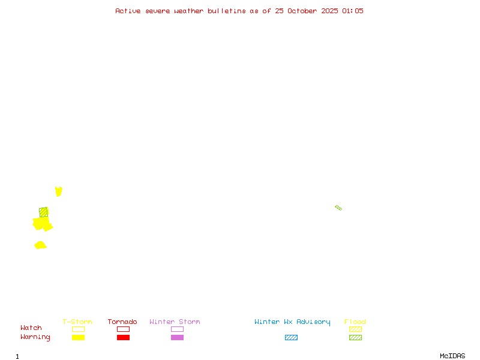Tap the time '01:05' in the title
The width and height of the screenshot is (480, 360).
click(352, 11)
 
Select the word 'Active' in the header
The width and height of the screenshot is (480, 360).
click(128, 11)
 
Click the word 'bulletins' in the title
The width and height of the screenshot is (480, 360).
click(226, 11)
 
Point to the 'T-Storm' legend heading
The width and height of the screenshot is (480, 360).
click(77, 322)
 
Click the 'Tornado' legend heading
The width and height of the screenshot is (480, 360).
click(122, 322)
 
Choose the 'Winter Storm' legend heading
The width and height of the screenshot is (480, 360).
click(175, 322)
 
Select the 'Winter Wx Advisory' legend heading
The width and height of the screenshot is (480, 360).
click(292, 322)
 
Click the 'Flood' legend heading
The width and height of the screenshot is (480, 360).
click(355, 322)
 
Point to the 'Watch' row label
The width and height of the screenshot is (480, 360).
click(31, 328)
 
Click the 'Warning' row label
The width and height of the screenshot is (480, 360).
click(35, 337)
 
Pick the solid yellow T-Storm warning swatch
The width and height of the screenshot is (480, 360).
click(78, 338)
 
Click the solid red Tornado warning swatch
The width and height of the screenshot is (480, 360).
click(123, 338)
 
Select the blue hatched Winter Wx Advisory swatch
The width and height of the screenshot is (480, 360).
click(291, 338)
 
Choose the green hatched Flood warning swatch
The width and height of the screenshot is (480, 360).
click(355, 338)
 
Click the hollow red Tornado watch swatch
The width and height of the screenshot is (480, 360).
click(123, 329)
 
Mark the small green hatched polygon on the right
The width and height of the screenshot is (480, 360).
click(338, 208)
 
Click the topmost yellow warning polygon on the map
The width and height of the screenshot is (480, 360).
click(58, 191)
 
